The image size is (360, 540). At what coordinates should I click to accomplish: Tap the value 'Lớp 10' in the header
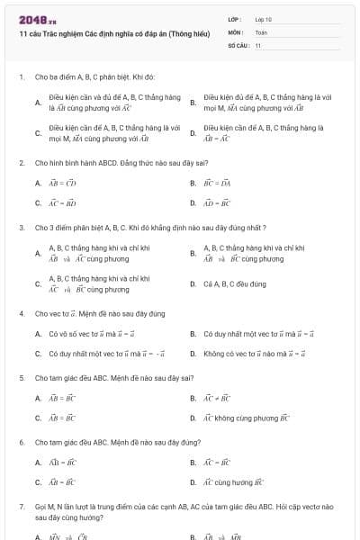[x=264, y=19]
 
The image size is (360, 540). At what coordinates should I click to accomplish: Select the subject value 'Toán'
[x=261, y=32]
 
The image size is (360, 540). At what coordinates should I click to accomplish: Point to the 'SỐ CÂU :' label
[x=238, y=45]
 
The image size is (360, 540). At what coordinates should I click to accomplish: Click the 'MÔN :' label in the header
[x=236, y=32]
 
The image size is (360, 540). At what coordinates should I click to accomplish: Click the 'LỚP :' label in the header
[x=235, y=19]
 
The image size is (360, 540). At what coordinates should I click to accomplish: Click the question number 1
[x=21, y=77]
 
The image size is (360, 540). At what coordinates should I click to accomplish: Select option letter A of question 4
[x=38, y=334]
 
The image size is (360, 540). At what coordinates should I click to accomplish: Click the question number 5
[x=21, y=378]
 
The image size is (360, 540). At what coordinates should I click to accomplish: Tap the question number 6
[x=21, y=443]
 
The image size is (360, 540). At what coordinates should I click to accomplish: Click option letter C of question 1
[x=38, y=133]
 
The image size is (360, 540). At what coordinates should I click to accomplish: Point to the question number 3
[x=21, y=228]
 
